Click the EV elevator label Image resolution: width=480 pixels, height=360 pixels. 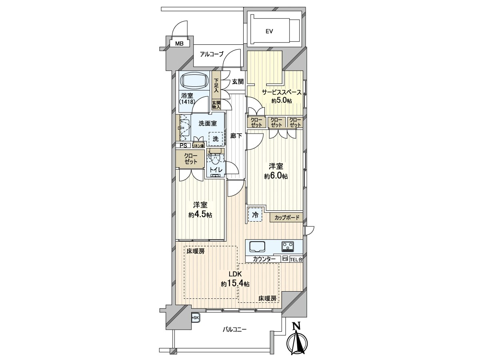(269, 32)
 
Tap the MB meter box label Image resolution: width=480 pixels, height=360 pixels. (179, 44)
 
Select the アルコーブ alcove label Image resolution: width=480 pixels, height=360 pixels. (212, 54)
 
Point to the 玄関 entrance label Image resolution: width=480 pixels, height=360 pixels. (238, 82)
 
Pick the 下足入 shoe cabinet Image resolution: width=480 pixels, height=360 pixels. (216, 85)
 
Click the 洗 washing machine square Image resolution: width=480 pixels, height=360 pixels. (216, 139)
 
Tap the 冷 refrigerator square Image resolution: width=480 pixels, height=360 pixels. (255, 215)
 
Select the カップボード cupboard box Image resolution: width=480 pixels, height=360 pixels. (286, 218)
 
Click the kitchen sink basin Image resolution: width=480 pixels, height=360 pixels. (257, 247)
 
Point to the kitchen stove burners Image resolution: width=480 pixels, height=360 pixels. (288, 246)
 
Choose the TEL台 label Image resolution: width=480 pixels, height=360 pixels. (296, 260)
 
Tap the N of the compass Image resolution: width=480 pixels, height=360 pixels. (296, 326)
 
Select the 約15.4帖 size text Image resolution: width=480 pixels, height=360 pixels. (235, 284)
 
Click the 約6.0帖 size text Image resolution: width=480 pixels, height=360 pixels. (276, 176)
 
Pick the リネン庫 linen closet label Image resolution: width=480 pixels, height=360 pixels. (198, 146)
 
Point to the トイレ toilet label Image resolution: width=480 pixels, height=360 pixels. (216, 170)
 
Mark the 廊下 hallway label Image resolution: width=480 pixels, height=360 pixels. (236, 136)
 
